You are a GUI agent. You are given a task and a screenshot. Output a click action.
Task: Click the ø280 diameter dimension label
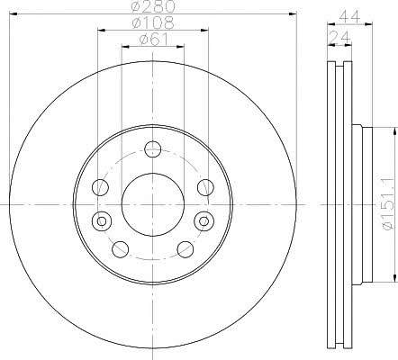[153, 6]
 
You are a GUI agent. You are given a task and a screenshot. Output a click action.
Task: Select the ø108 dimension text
[153, 22]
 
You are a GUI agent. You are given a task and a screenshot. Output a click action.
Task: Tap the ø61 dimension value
[154, 40]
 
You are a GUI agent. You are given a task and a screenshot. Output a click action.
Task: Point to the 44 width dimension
[349, 18]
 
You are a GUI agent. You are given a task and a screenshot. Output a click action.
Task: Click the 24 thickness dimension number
[340, 38]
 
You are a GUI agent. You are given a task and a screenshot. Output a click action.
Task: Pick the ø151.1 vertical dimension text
[388, 204]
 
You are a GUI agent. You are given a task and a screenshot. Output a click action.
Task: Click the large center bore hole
[153, 204]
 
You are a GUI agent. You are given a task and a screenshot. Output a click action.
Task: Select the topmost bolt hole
[153, 149]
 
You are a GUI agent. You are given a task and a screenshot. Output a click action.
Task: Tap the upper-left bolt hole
[100, 187]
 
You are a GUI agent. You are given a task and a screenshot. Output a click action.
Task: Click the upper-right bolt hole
[205, 187]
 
